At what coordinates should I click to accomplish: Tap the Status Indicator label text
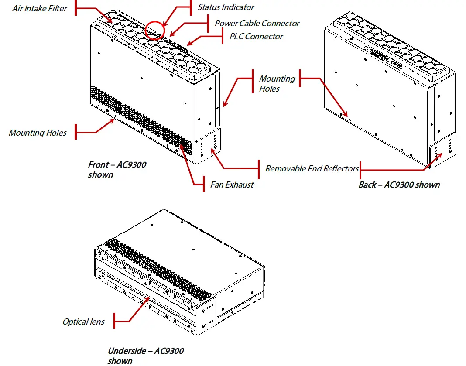(226, 7)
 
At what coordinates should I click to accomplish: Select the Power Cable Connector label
(257, 23)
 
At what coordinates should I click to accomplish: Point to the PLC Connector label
(256, 36)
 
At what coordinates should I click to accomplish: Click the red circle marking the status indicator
(153, 30)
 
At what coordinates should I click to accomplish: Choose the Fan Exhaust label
(232, 185)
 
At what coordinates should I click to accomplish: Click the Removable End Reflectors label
(312, 168)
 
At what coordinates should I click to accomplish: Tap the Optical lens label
(83, 322)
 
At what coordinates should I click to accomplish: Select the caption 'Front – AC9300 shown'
(117, 170)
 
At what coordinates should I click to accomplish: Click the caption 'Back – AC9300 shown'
(399, 185)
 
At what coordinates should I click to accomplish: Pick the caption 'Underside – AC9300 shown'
(145, 356)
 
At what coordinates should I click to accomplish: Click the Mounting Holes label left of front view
(38, 133)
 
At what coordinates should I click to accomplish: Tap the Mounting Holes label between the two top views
(277, 83)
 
